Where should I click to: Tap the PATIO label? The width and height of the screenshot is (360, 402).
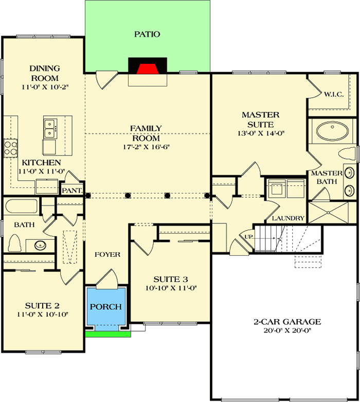pyautogui.click(x=147, y=34)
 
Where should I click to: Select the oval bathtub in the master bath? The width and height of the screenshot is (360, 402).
pyautogui.click(x=332, y=131)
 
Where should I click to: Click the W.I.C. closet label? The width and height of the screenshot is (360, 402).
pyautogui.click(x=334, y=94)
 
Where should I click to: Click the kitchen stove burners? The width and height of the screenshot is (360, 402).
pyautogui.click(x=10, y=148)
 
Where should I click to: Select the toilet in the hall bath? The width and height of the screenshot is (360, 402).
pyautogui.click(x=15, y=243)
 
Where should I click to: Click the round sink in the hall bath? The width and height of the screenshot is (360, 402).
pyautogui.click(x=41, y=245)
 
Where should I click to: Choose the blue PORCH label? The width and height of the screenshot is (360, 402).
pyautogui.click(x=106, y=307)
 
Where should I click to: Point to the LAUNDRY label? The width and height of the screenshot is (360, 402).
pyautogui.click(x=288, y=218)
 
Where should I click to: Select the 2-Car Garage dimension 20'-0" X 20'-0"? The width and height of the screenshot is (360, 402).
pyautogui.click(x=286, y=331)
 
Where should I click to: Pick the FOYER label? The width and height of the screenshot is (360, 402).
pyautogui.click(x=107, y=254)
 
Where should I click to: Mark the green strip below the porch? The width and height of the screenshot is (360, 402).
pyautogui.click(x=107, y=334)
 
